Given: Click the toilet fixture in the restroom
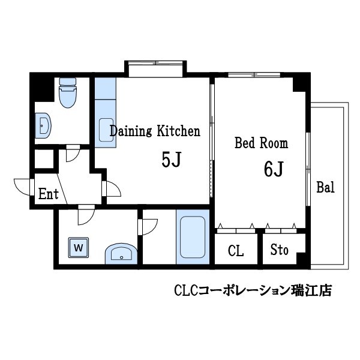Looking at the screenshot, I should tap(67, 94).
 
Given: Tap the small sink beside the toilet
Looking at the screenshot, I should tap(43, 126).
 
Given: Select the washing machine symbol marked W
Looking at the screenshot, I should tap(78, 247).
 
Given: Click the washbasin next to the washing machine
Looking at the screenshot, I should tap(121, 254).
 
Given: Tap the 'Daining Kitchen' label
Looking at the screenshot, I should tap(154, 131).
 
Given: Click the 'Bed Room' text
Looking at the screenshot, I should tap(260, 143).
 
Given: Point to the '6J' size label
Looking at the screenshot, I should tap(273, 170).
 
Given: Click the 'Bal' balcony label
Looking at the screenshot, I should tap(325, 187).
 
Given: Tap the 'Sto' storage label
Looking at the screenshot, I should tap(279, 251).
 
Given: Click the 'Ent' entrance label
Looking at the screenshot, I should tap(49, 194).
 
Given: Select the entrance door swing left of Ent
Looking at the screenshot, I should tap(23, 187).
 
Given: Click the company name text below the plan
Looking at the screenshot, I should tap(252, 291).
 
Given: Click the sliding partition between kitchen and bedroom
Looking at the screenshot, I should tap(211, 138).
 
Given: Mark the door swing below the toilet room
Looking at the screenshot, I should tap(71, 153).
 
